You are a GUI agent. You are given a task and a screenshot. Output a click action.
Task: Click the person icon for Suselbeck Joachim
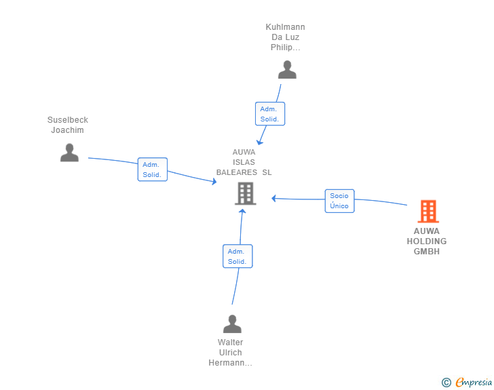point(69,153)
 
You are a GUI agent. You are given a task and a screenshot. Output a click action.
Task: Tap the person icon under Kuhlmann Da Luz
point(287,70)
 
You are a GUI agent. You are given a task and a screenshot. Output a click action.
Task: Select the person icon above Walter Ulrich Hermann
point(232,324)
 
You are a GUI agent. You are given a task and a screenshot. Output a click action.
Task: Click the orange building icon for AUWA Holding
point(428,212)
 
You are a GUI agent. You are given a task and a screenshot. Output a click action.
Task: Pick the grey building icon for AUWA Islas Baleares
point(246,193)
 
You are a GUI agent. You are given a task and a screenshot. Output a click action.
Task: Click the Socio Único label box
point(339,201)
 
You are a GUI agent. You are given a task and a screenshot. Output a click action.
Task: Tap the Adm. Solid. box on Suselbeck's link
point(153,170)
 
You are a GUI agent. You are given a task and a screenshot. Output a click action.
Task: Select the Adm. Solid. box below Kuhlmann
point(270,114)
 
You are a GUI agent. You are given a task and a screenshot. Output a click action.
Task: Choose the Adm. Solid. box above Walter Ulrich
point(237,256)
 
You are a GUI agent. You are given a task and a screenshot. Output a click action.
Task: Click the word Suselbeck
point(68,120)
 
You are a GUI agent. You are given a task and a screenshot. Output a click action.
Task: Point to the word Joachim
point(67,130)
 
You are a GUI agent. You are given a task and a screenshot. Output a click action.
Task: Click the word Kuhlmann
point(285,27)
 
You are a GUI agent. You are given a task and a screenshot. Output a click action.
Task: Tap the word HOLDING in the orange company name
point(427,241)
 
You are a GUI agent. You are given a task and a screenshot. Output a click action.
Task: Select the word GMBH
point(427,252)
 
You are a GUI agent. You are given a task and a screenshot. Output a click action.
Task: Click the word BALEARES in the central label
point(237,172)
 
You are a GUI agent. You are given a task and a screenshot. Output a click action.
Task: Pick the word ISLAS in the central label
point(244,162)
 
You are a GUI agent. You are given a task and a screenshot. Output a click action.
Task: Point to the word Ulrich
point(230,353)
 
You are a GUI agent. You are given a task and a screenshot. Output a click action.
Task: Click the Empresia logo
point(474,383)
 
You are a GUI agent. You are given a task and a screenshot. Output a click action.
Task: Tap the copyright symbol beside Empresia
point(446,383)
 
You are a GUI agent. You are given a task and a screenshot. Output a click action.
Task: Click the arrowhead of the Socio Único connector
point(273,199)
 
